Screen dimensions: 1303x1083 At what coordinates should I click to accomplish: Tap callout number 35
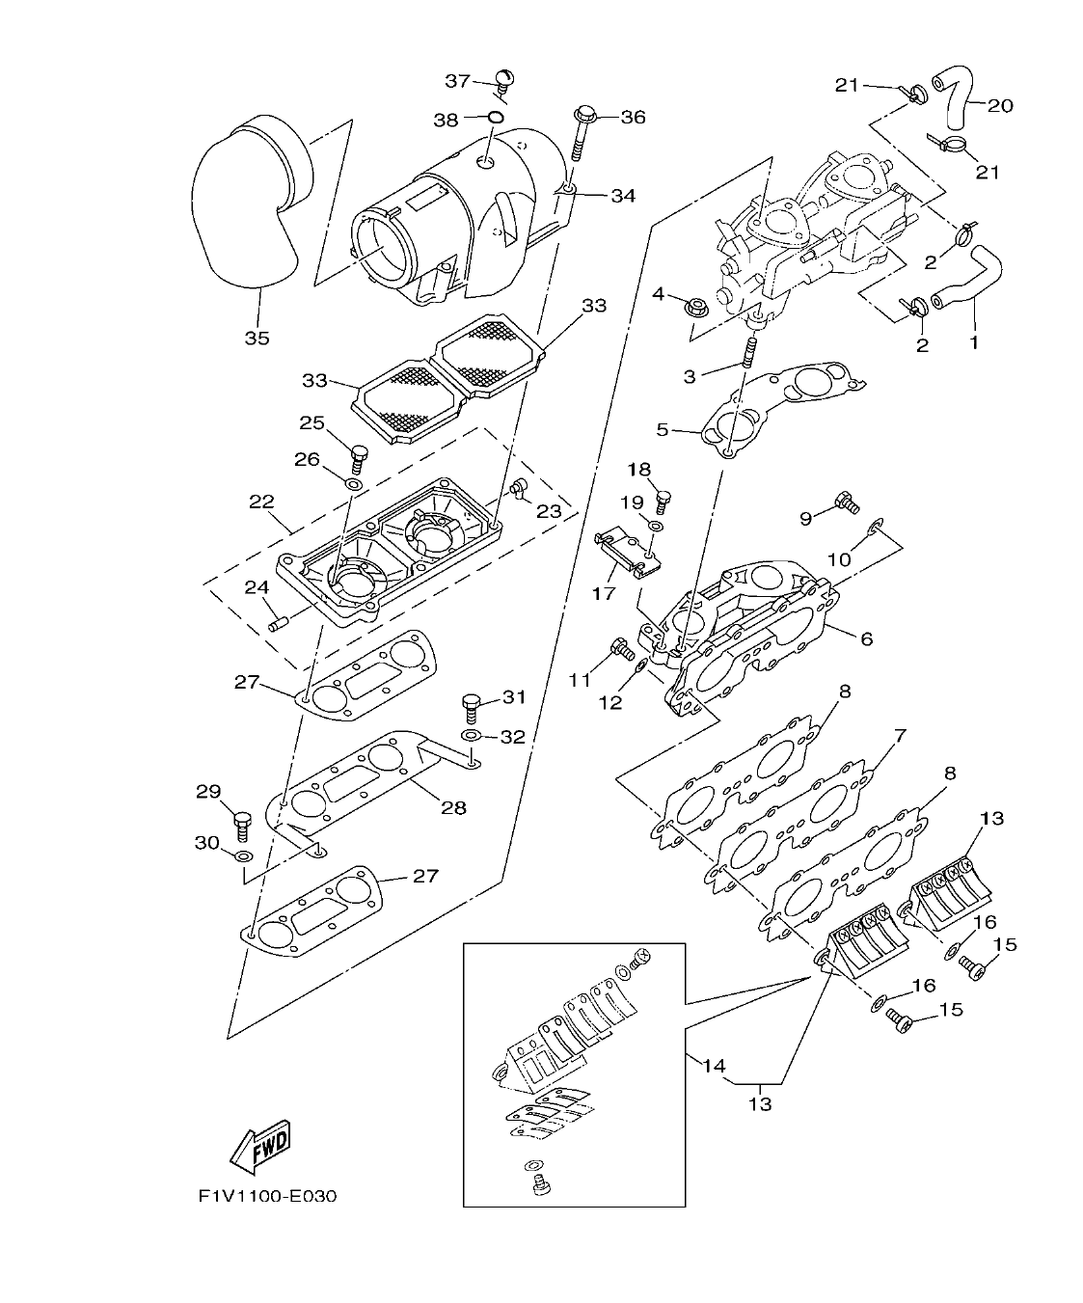tap(257, 339)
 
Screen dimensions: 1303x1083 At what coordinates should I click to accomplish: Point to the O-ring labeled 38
tap(494, 118)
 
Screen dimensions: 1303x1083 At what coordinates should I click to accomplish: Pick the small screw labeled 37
tap(504, 78)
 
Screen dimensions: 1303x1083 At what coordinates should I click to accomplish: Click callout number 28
tap(453, 807)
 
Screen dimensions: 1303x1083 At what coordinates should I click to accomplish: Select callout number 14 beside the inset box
tap(713, 1066)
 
